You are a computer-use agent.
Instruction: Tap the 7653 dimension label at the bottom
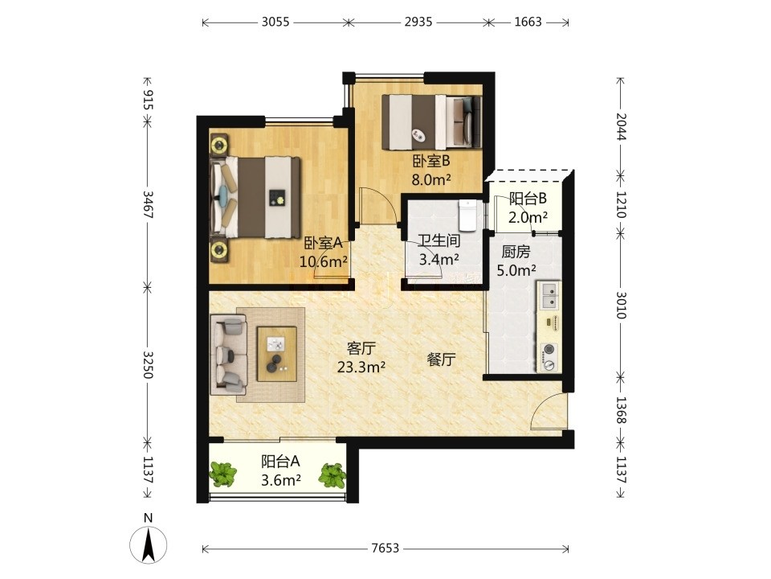(x=385, y=548)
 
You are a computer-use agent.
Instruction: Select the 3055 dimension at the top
(x=275, y=22)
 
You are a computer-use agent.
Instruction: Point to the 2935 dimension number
(x=418, y=22)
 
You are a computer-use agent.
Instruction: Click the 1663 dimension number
(x=528, y=22)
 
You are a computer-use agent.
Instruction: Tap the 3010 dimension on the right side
(x=621, y=306)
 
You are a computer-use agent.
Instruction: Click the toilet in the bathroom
(x=467, y=215)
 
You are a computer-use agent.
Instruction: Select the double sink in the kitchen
(x=549, y=296)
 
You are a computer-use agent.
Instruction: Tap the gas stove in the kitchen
(x=549, y=357)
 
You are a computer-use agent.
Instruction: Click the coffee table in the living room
(x=277, y=354)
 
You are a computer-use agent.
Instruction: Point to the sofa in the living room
(x=228, y=355)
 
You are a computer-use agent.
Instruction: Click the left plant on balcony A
(x=224, y=474)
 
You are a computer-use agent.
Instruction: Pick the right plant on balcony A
(x=332, y=474)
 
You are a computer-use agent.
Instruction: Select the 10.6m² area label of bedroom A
(x=324, y=261)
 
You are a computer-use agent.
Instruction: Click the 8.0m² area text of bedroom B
(x=431, y=179)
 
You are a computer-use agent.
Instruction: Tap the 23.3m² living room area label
(x=361, y=367)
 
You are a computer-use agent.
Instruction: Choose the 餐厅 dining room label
(x=441, y=360)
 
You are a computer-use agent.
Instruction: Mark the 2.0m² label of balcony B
(x=528, y=217)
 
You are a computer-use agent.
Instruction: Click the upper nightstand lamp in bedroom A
(x=218, y=146)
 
